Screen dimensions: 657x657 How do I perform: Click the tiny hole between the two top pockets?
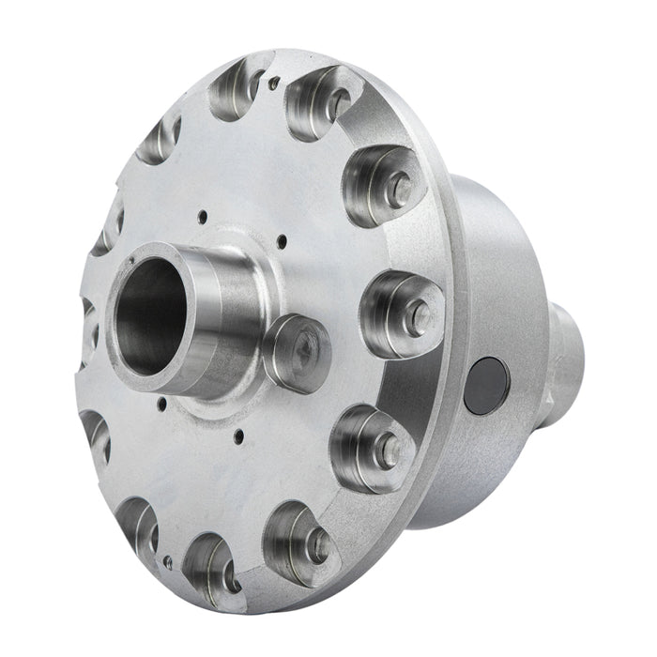[x=273, y=83]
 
